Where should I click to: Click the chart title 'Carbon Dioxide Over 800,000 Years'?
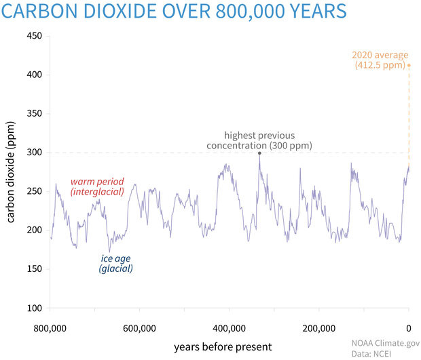(x=175, y=12)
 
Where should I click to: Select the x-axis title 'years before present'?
(x=223, y=346)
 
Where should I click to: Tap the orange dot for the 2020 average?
(x=409, y=65)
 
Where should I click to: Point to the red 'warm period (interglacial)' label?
(x=98, y=187)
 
